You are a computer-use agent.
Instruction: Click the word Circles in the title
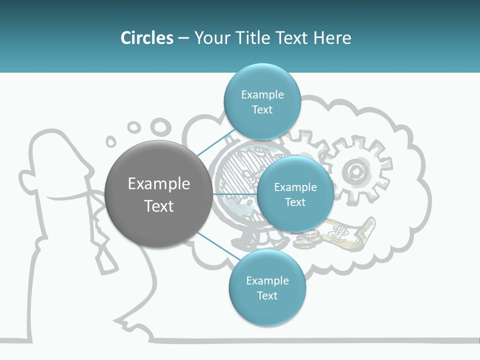pos(147,38)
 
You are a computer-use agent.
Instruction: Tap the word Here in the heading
pos(332,38)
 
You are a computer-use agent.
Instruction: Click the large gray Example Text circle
pos(158,194)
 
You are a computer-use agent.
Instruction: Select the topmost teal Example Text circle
pos(262,101)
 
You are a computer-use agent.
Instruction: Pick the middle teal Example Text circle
pos(295,194)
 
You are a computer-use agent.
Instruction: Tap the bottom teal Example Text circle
pos(267,287)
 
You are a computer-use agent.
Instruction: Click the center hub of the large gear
pos(355,171)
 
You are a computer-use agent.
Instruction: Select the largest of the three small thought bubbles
pos(160,126)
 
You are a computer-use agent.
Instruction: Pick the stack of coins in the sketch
pos(307,240)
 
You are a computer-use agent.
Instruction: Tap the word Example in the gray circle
pos(158,183)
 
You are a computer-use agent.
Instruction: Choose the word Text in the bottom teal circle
pos(267,295)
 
